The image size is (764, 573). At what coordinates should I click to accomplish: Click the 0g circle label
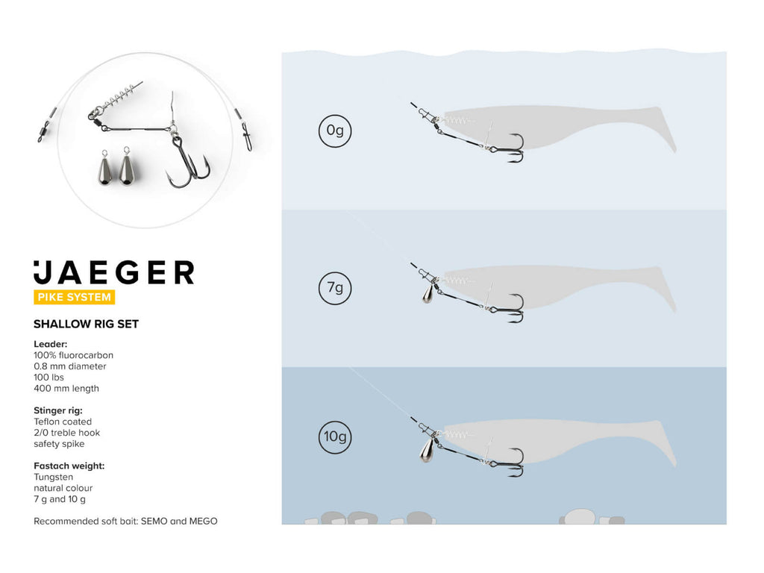point(335,131)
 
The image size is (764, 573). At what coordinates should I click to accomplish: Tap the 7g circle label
point(335,288)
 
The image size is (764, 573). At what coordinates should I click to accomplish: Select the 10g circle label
point(335,436)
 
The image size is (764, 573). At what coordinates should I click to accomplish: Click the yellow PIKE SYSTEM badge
point(74,297)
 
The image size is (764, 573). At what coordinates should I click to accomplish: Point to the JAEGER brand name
point(114,272)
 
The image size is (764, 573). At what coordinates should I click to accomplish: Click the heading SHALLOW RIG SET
point(87,324)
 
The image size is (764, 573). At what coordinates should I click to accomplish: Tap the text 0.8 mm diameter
point(69,366)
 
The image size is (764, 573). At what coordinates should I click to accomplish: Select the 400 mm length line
point(66,388)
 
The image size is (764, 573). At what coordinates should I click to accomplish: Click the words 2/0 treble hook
point(66,433)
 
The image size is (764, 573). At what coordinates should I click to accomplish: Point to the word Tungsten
point(53,477)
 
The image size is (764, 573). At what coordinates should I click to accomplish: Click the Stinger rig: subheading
point(58,411)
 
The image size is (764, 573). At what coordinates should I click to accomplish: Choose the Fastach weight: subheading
point(69,466)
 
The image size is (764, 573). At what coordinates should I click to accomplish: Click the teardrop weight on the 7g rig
point(428,294)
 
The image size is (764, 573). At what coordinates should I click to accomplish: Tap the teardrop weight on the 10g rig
point(426,450)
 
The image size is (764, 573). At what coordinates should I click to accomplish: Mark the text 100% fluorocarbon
point(73,355)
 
